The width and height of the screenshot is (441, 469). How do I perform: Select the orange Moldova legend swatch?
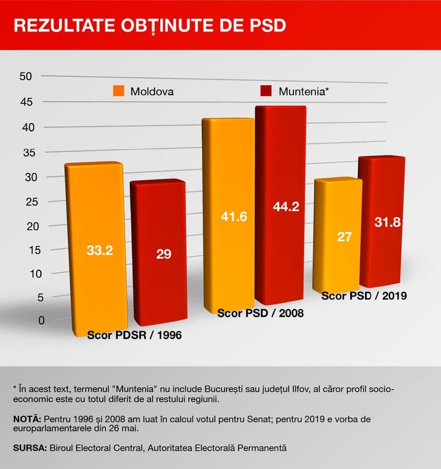[118, 91]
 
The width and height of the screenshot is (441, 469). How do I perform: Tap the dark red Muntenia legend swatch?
[266, 91]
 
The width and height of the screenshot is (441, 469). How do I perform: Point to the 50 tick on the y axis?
[26, 76]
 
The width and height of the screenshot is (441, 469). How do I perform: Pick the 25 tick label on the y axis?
[26, 202]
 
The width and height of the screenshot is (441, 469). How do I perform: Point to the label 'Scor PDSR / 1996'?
[134, 335]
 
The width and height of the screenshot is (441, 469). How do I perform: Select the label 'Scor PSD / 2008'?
[260, 314]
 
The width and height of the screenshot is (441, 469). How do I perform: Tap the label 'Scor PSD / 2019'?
[364, 296]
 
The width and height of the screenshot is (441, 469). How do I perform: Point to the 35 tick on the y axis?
[26, 153]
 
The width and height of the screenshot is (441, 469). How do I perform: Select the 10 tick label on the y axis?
[26, 273]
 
